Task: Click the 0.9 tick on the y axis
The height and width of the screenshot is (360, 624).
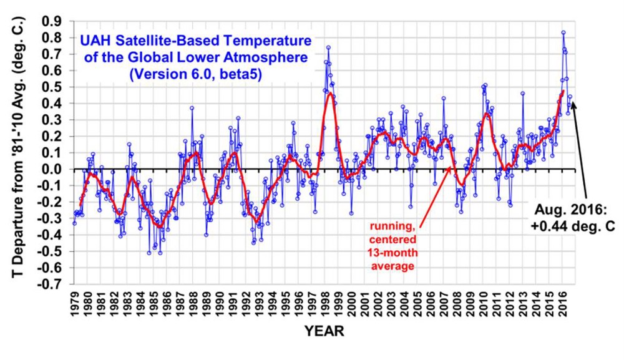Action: click(53, 21)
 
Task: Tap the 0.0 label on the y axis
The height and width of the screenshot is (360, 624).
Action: click(53, 169)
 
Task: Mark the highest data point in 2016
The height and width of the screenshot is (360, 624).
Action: click(563, 32)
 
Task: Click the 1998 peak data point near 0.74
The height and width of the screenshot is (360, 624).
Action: click(328, 47)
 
